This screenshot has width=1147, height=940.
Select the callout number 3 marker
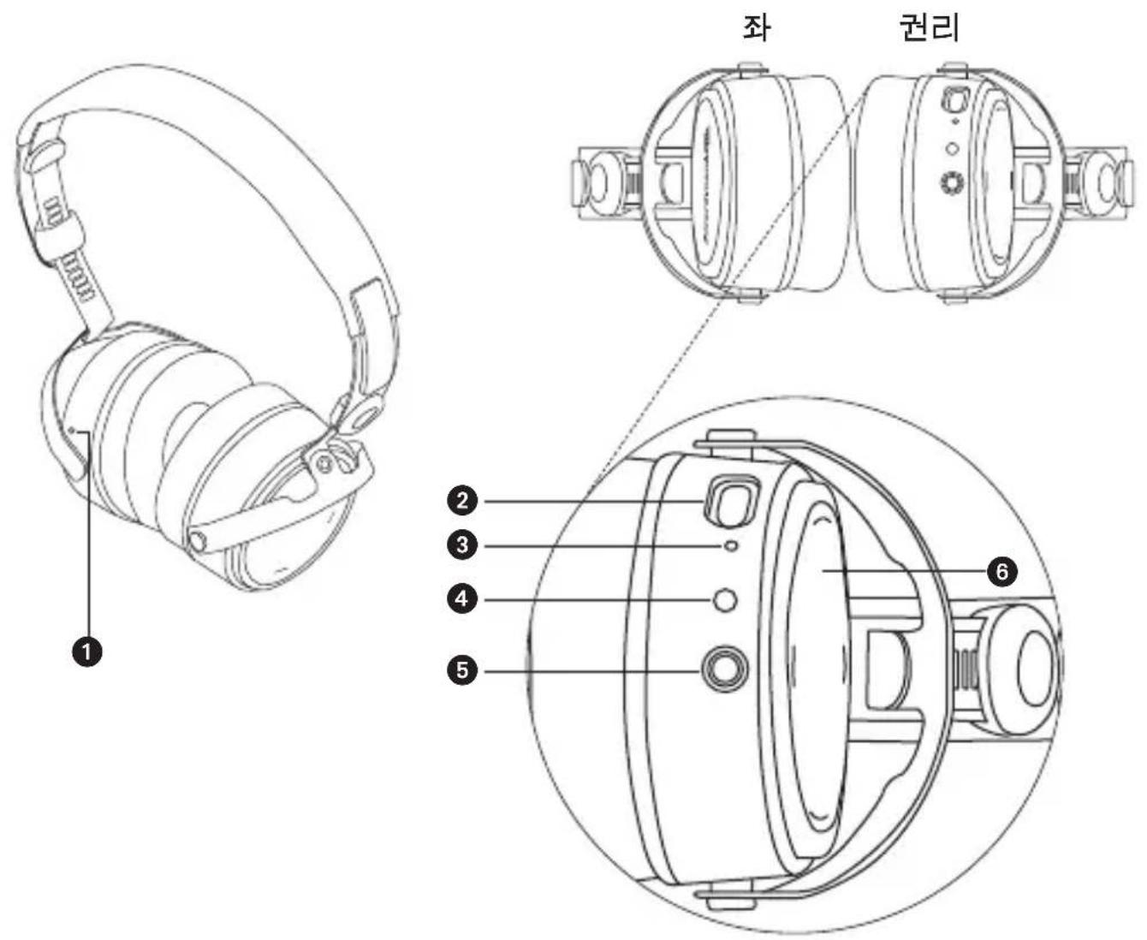(x=463, y=544)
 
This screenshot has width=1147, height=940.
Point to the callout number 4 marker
(x=463, y=599)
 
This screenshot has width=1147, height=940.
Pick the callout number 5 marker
(x=463, y=669)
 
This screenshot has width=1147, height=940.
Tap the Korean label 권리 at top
(x=928, y=27)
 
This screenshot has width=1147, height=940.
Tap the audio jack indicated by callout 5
(x=725, y=669)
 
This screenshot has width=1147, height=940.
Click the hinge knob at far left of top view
(x=592, y=180)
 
